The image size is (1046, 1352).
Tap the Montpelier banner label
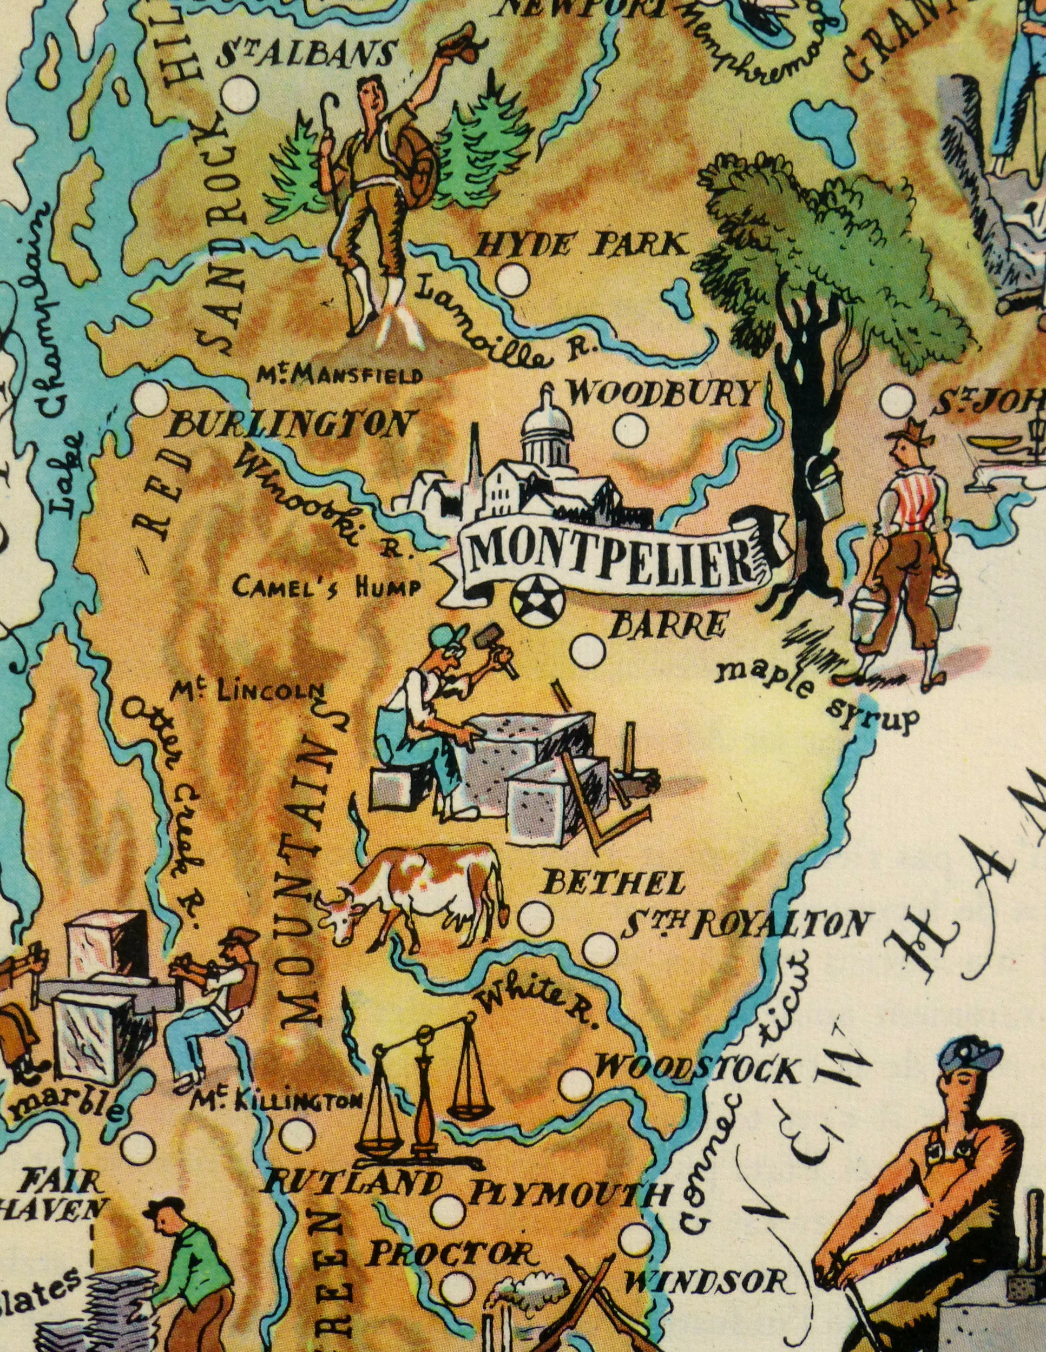pyautogui.click(x=610, y=551)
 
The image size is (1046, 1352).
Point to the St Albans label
pyautogui.click(x=305, y=55)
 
